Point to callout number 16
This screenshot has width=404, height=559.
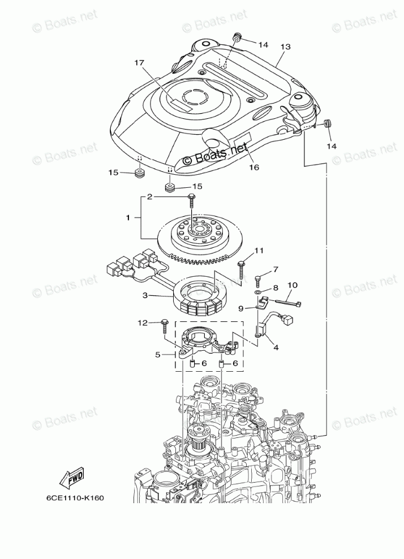tap(253, 167)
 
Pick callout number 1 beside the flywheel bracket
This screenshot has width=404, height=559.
tap(128, 217)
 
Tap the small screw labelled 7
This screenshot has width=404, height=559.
tap(258, 278)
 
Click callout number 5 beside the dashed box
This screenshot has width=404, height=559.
tap(158, 355)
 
